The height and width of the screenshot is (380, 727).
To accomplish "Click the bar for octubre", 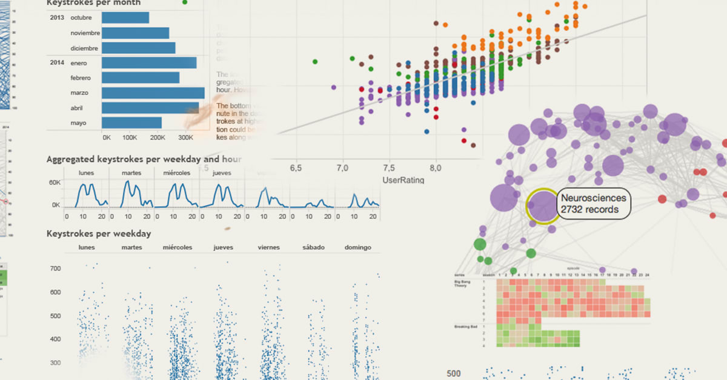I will coord(125,18).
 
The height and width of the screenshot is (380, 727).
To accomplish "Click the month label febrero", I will coord(80,78).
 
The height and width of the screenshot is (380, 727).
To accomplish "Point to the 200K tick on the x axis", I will coord(158,137).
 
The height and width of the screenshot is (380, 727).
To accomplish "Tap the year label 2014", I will coord(57,63).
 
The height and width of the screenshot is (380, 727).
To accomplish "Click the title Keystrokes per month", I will coord(93,3).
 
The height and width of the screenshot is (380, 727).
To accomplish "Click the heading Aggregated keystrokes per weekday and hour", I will coord(144,159).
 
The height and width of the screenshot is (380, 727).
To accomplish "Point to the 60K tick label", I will coord(55,182).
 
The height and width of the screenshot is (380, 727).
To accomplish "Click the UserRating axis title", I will coord(403,180).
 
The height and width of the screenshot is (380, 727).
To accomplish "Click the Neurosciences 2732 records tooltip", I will coord(594,203).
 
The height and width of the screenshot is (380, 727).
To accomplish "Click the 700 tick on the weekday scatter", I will coord(56,268).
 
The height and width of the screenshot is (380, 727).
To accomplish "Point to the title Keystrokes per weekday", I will coord(99,234).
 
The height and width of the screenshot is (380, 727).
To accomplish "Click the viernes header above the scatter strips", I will coord(268,247).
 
